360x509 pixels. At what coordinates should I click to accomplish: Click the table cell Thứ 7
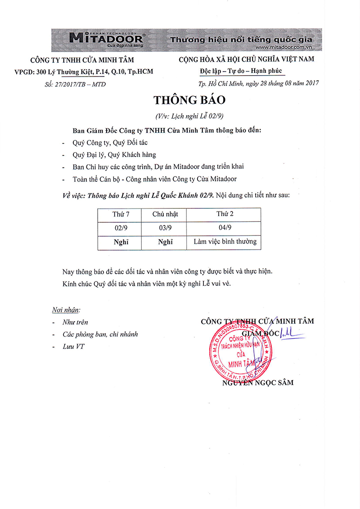coord(120,214)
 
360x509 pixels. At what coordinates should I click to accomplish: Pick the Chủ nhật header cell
coord(164,214)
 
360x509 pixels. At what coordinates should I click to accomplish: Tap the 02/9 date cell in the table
coord(120,228)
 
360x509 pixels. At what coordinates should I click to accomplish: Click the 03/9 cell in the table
coord(164,228)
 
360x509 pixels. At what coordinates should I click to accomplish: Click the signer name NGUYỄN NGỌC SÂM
coord(257,383)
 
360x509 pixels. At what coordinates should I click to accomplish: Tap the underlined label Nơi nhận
coord(66,310)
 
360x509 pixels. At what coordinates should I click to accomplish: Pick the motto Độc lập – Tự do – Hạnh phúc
coord(241,71)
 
